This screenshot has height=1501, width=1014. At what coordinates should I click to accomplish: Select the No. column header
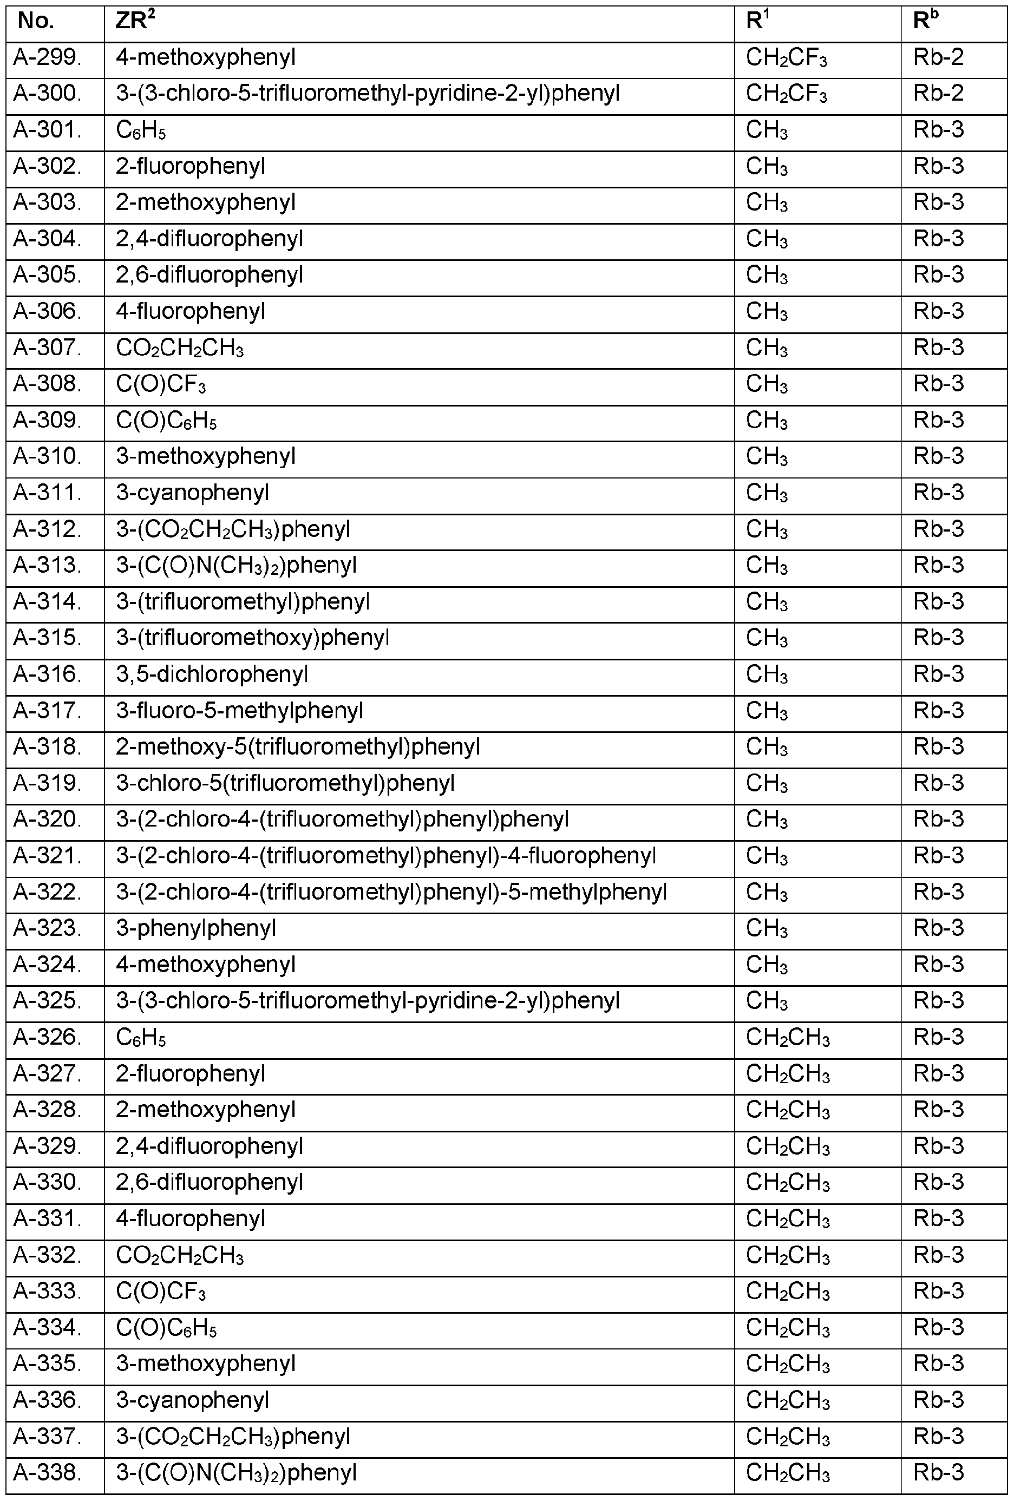[x=36, y=22]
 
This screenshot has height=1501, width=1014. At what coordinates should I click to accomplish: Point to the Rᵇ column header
[x=926, y=22]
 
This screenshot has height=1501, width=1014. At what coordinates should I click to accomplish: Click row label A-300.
[x=48, y=94]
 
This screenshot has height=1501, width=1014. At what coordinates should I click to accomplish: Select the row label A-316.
[x=48, y=674]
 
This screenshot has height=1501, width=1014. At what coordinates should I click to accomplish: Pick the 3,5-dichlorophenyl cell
[x=212, y=674]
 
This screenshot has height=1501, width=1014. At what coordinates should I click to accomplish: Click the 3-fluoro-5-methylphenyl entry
[x=240, y=711]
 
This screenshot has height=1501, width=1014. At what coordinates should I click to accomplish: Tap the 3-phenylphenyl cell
[x=195, y=928]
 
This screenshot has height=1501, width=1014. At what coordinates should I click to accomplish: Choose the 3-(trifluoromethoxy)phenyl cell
[x=252, y=638]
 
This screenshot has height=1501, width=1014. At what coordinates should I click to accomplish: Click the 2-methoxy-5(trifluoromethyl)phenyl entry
[x=298, y=748]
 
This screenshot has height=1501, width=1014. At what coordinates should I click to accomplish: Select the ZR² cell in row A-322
[x=391, y=892]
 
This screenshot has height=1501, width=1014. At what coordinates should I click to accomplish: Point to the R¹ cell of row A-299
[x=786, y=58]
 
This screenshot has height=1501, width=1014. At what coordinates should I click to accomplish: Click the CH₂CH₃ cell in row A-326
[x=787, y=1037]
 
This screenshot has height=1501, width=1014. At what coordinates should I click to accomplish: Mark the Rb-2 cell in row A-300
[x=938, y=94]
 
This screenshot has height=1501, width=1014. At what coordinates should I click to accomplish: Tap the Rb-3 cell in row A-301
[x=938, y=130]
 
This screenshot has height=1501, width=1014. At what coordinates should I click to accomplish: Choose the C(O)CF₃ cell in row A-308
[x=161, y=385]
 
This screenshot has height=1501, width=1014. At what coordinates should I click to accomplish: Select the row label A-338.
[x=48, y=1472]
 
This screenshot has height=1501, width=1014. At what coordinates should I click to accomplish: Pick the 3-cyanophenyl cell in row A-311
[x=193, y=494]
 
